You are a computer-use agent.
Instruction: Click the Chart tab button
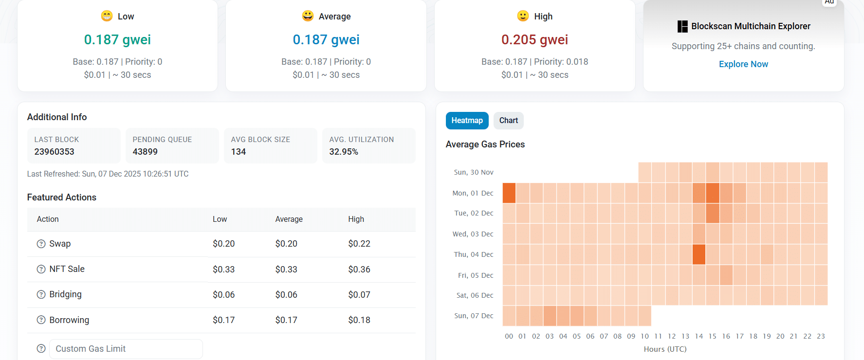(508, 121)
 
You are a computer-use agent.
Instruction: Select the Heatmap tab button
(467, 121)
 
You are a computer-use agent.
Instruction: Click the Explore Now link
(743, 64)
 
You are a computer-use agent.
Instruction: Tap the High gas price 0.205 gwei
(534, 40)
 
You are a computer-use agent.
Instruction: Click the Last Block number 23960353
(54, 152)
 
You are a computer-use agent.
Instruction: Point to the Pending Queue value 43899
(145, 152)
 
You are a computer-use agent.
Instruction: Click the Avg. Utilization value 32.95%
(344, 152)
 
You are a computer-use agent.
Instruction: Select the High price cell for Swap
(359, 244)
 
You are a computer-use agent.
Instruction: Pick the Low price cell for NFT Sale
(223, 270)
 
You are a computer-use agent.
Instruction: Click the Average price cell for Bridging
(286, 295)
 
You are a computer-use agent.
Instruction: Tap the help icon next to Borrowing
(41, 320)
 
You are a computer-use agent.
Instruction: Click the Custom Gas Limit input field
(126, 349)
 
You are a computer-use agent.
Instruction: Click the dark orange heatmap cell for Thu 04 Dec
(699, 254)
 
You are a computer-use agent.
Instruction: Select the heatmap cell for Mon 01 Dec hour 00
(509, 193)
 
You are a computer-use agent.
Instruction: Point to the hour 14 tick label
(699, 336)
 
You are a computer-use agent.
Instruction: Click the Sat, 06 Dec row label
(475, 295)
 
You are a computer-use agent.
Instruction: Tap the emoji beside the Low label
(107, 16)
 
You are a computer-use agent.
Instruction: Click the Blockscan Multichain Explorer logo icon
(682, 26)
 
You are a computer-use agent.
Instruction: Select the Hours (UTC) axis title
(665, 349)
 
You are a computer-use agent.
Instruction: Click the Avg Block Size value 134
(239, 152)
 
